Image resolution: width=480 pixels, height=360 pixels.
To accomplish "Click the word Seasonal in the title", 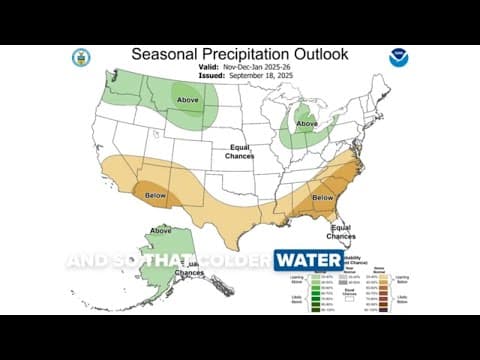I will [x=166, y=54].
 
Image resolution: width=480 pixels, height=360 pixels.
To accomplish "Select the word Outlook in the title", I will [x=321, y=54].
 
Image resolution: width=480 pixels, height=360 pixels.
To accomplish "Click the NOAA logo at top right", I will [x=400, y=57].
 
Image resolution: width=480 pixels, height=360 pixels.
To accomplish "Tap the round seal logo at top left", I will [x=81, y=57].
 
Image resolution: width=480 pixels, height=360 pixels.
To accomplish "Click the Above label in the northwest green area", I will [x=187, y=100].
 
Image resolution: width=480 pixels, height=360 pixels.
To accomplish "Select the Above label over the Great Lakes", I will [x=307, y=124].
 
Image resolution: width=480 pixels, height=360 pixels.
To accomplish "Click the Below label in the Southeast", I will [x=322, y=198].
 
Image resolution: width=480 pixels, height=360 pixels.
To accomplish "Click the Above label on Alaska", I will [x=160, y=230].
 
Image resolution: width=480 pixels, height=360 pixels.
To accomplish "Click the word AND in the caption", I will [x=86, y=261].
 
